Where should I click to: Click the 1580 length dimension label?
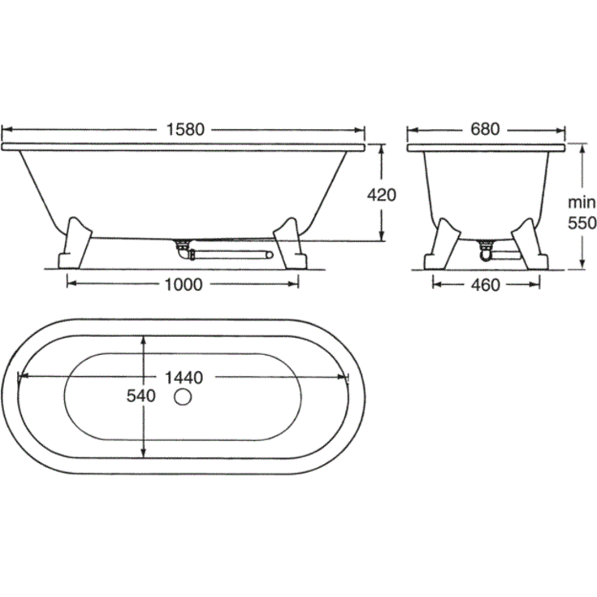click(185, 129)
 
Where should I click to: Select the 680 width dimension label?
click(485, 129)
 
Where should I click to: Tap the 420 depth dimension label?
click(382, 195)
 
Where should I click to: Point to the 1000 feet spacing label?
click(183, 284)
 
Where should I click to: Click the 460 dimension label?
click(486, 285)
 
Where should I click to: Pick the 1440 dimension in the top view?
click(184, 378)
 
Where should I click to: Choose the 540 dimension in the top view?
click(141, 396)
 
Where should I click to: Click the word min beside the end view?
click(582, 202)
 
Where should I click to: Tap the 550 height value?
click(582, 223)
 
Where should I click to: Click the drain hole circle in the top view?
click(183, 396)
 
